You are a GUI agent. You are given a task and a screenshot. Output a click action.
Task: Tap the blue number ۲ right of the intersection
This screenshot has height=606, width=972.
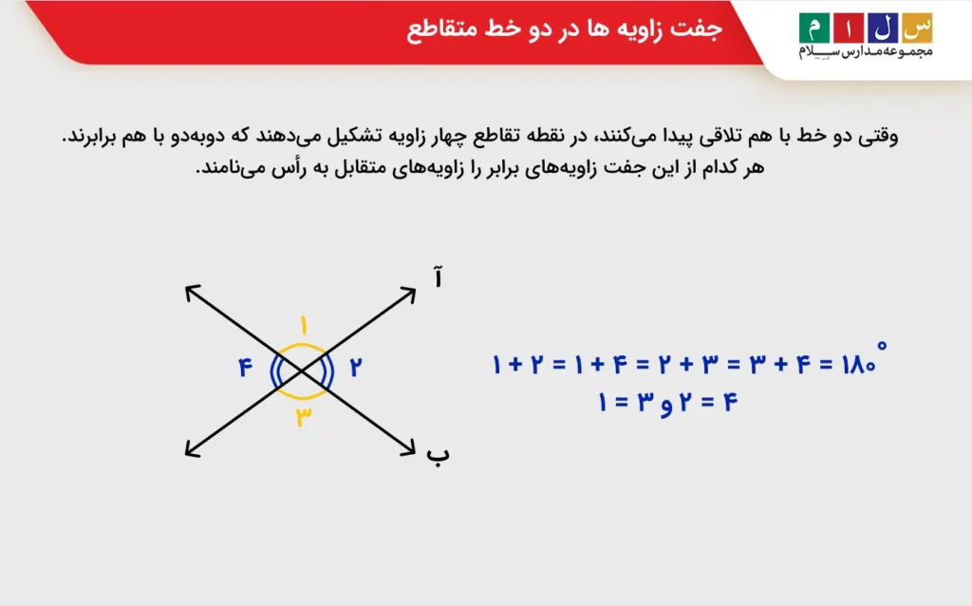356,367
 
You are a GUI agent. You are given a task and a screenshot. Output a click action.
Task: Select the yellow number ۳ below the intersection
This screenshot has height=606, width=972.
303,416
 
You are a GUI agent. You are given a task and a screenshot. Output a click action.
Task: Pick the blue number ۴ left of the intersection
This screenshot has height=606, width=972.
246,367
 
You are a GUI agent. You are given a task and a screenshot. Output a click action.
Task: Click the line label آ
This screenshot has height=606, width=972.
438,278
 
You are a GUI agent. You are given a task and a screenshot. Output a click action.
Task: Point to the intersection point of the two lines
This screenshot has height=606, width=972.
302,369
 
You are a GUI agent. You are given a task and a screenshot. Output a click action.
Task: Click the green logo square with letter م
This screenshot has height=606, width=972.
813,28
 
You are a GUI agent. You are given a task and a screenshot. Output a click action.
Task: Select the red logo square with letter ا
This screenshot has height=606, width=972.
848,28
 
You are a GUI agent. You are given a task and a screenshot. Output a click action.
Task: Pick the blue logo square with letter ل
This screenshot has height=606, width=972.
882,28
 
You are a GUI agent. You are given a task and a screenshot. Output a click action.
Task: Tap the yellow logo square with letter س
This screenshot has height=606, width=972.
916,28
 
